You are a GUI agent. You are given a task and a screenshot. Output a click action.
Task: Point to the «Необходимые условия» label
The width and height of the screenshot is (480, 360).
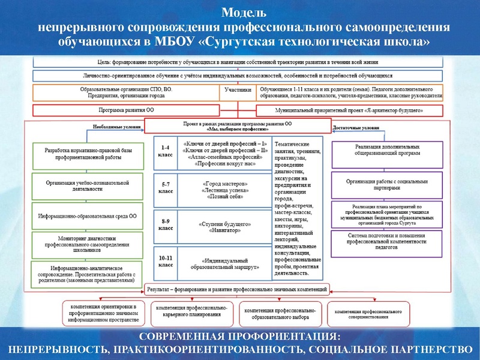118,127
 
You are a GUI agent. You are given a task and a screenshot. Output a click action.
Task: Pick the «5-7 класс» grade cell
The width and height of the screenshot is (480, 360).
164,188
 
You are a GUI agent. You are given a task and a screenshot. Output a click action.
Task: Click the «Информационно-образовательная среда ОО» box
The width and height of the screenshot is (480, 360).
88,215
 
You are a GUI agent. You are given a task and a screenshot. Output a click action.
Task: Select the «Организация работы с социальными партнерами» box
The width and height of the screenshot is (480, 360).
386,184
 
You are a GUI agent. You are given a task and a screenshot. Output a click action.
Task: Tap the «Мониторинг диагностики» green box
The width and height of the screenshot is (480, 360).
88,244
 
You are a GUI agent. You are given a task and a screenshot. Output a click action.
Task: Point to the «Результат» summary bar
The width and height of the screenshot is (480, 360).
237,289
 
